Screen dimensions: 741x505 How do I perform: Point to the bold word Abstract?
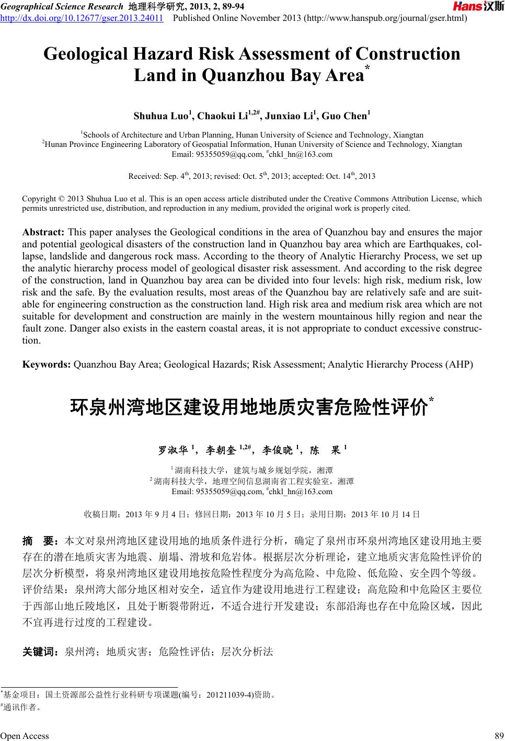coord(43,232)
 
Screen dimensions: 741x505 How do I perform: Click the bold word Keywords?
coord(47,364)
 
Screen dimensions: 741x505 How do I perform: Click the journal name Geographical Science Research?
coord(58,6)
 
